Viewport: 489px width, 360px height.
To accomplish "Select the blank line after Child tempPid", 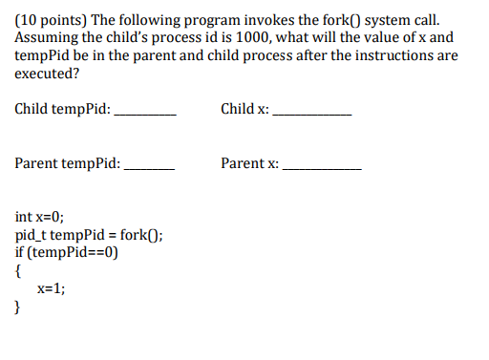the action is tap(145, 114).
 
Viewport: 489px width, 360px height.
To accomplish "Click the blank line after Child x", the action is tap(311, 114).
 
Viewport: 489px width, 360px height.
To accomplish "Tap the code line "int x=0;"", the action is tap(40, 218).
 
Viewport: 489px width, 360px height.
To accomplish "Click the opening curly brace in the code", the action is tap(19, 271).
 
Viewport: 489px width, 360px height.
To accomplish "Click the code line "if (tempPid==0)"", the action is tap(66, 253).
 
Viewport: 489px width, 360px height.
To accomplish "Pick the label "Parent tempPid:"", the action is tap(68, 163).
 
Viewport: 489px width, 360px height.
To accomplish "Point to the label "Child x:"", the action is tap(244, 109).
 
